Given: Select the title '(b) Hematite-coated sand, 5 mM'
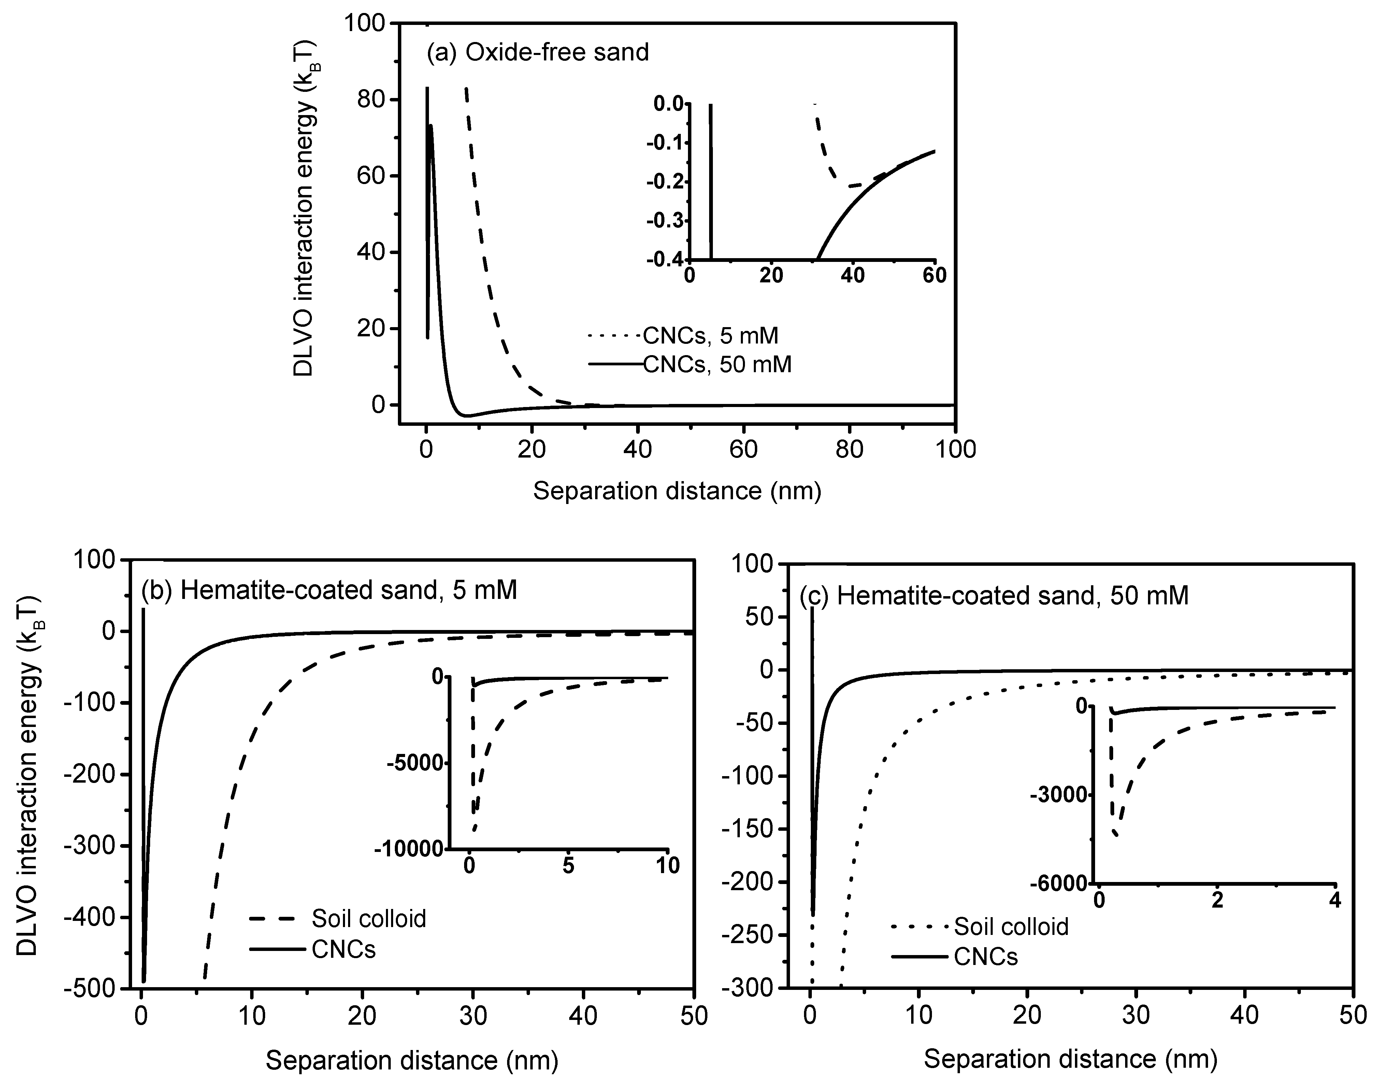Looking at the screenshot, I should click(x=329, y=590).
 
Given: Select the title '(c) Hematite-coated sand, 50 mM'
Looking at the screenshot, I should click(x=994, y=596).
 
